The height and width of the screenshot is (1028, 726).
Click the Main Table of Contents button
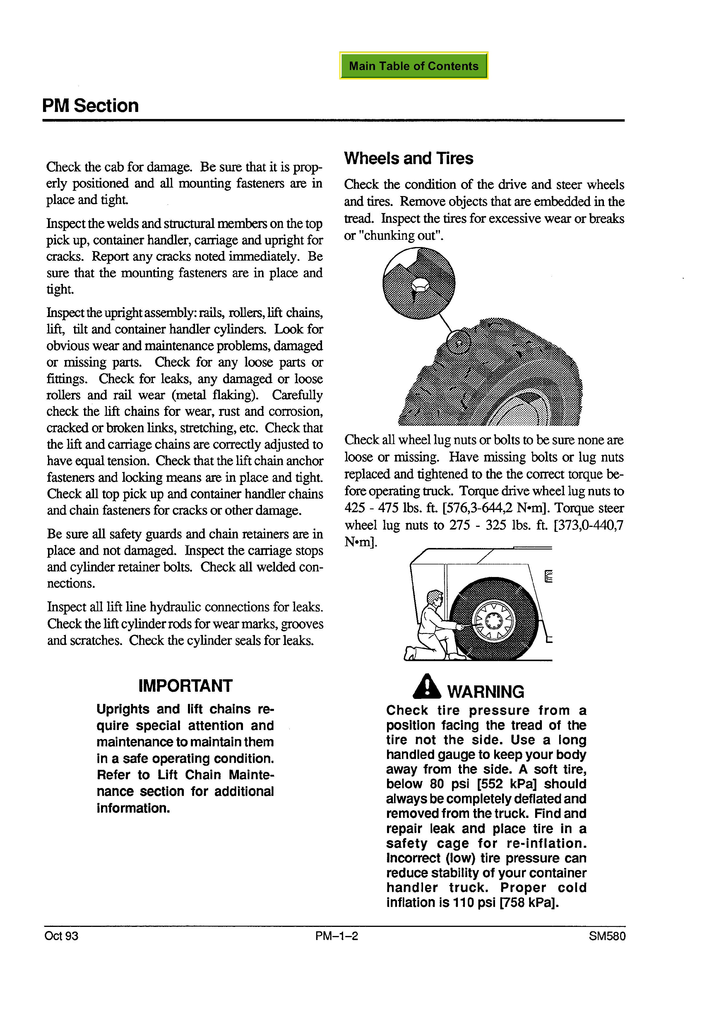coord(413,66)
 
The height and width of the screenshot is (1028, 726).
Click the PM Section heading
coord(90,106)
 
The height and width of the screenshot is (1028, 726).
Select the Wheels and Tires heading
coord(408,159)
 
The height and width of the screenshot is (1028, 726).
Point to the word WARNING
coord(485,692)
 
